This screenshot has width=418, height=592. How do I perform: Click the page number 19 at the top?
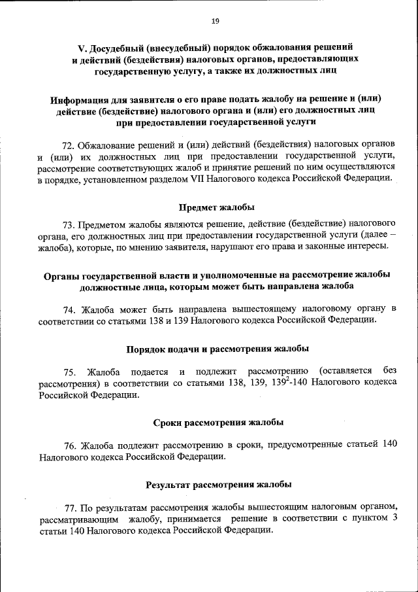click(215, 22)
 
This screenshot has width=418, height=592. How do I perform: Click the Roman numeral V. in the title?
click(83, 48)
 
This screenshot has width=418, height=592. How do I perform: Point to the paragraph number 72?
click(69, 143)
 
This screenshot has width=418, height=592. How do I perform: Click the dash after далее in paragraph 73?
click(391, 235)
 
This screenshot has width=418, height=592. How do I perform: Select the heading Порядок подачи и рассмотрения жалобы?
click(217, 349)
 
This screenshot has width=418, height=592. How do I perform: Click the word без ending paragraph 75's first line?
click(389, 372)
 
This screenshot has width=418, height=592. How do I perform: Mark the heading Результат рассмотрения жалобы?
click(217, 485)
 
